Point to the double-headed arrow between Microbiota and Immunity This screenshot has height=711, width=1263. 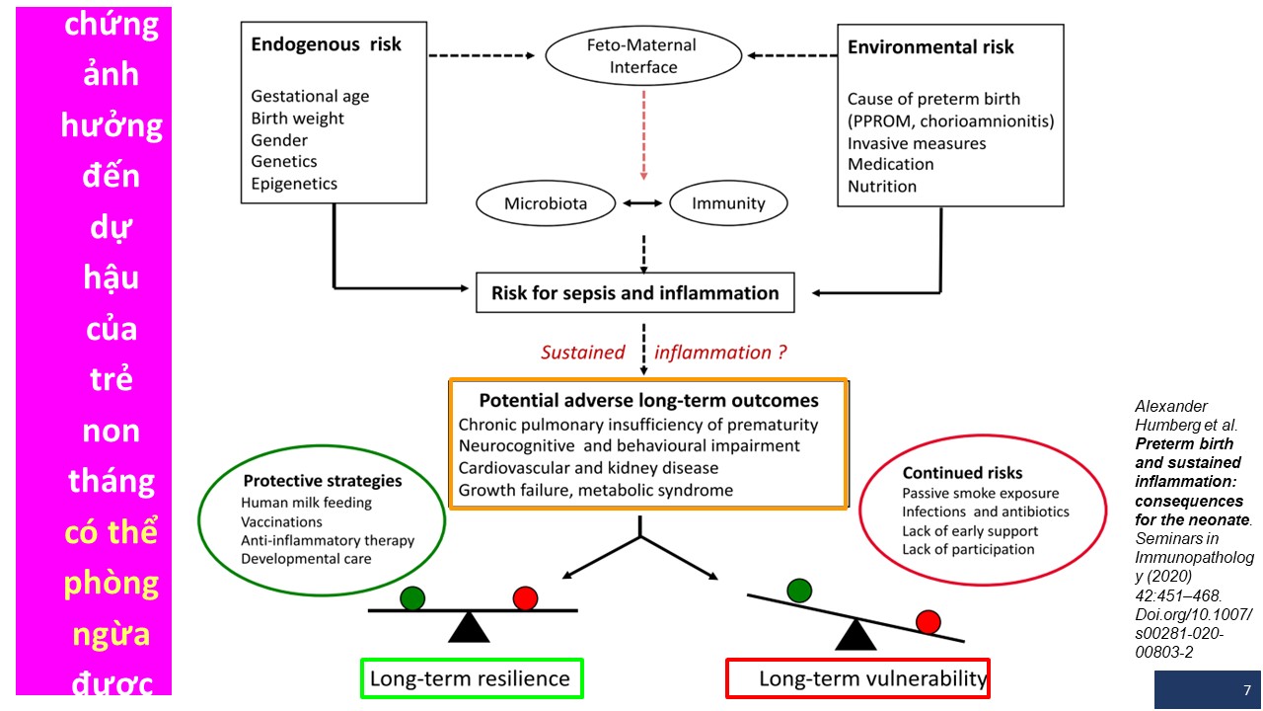tap(642, 203)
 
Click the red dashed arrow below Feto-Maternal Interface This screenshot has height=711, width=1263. tap(643, 135)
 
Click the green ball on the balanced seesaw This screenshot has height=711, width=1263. tap(412, 598)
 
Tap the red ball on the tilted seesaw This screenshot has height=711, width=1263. tap(929, 622)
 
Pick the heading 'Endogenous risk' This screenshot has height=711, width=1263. tap(326, 44)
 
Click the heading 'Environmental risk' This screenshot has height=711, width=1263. tap(930, 46)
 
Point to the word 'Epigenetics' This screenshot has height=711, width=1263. tap(294, 184)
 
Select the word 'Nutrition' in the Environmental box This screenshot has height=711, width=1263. tap(882, 187)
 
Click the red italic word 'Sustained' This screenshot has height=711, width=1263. tap(582, 353)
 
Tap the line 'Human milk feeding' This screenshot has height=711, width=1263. tap(306, 503)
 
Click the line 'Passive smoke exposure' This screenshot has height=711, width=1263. tap(981, 493)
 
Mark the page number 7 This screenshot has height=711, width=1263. tap(1247, 690)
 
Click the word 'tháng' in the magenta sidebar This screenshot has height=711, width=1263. tap(111, 481)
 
